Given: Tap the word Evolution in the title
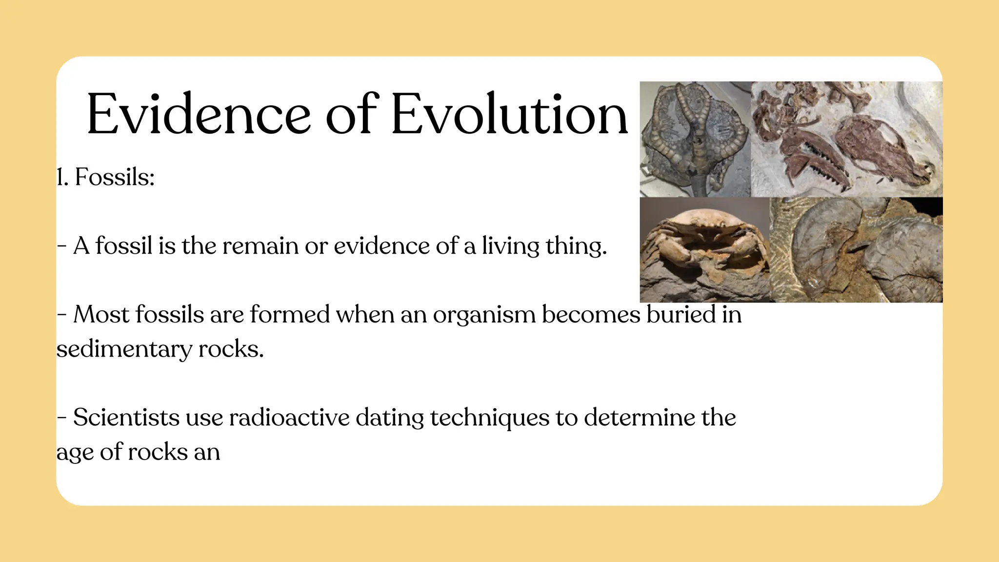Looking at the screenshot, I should [509, 115].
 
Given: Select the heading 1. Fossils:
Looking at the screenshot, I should [106, 177].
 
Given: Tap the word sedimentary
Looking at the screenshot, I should [124, 350].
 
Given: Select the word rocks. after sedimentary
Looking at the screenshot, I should [231, 349].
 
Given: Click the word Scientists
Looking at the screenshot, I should [126, 418].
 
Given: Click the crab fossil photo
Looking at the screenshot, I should [704, 250].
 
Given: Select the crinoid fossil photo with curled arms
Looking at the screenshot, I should [695, 139].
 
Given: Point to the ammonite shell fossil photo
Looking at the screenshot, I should [856, 250].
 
